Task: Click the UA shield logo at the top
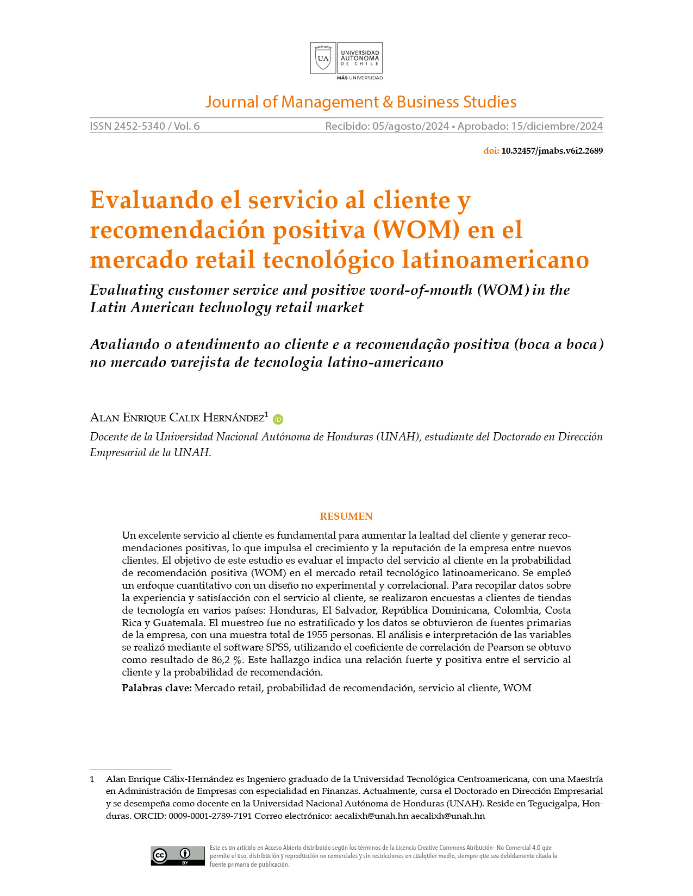[x=323, y=58]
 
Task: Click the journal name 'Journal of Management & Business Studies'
[x=360, y=102]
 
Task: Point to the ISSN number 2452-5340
[x=139, y=126]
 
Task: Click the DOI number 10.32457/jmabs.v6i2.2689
[x=552, y=151]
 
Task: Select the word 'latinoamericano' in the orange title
[x=495, y=260]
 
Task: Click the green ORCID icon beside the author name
[x=278, y=419]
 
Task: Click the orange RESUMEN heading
[x=346, y=516]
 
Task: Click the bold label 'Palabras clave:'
[x=157, y=688]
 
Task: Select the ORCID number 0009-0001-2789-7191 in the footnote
[x=210, y=816]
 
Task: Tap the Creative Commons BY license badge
[x=178, y=856]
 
